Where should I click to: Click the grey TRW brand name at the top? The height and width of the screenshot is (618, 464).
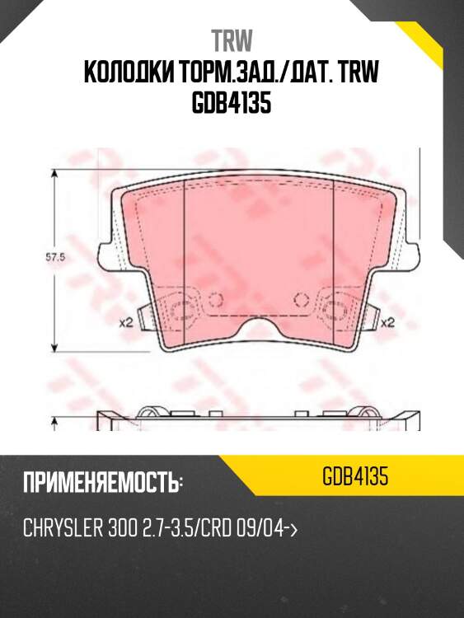click(232, 40)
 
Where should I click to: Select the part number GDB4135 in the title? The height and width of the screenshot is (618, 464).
click(232, 105)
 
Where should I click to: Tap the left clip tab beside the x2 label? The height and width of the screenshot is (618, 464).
click(145, 317)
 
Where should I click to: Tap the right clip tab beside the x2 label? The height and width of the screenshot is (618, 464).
click(368, 317)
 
